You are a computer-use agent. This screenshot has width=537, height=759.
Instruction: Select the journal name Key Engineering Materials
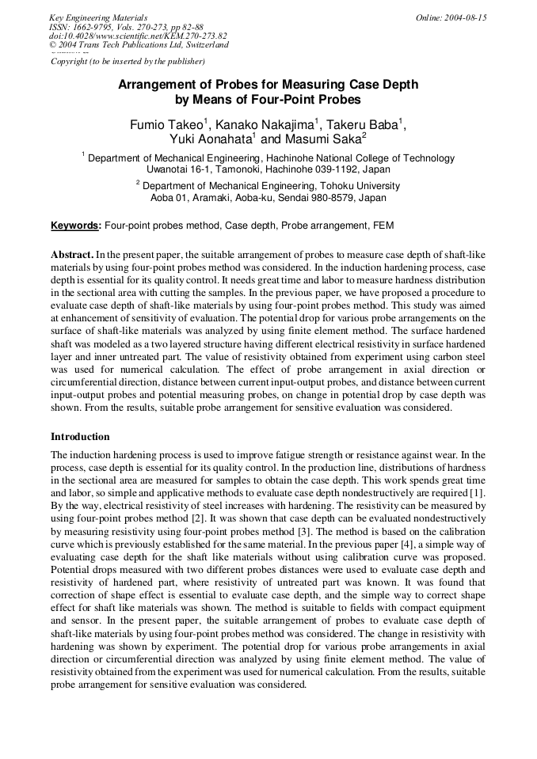(x=97, y=17)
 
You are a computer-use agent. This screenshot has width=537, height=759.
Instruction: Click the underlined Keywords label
(x=76, y=226)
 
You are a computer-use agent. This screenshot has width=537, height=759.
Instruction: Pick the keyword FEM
(x=382, y=226)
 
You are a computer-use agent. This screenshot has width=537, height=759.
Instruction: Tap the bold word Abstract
(x=71, y=255)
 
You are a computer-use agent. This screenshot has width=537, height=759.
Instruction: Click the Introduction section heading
(x=80, y=437)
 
